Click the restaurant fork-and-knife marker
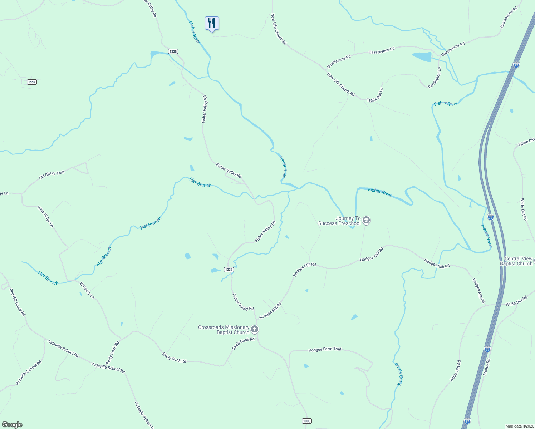pyautogui.click(x=212, y=23)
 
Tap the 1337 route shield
pyautogui.click(x=32, y=82)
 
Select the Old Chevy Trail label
pyautogui.click(x=51, y=175)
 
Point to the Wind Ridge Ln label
pyautogui.click(x=45, y=216)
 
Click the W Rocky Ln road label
pyautogui.click(x=87, y=291)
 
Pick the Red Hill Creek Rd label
pyautogui.click(x=17, y=302)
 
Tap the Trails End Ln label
pyautogui.click(x=375, y=95)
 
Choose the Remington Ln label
pyautogui.click(x=435, y=78)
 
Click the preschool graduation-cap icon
pyautogui.click(x=366, y=220)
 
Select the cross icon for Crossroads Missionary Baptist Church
pyautogui.click(x=254, y=329)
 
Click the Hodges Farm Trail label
pyautogui.click(x=325, y=350)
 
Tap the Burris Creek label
pyautogui.click(x=399, y=374)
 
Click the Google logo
pyautogui.click(x=12, y=425)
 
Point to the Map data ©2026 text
pyautogui.click(x=519, y=426)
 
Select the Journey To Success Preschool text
pyautogui.click(x=339, y=221)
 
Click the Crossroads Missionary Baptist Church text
pyautogui.click(x=224, y=330)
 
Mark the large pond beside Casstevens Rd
pyautogui.click(x=422, y=56)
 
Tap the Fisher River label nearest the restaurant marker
pyautogui.click(x=195, y=33)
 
